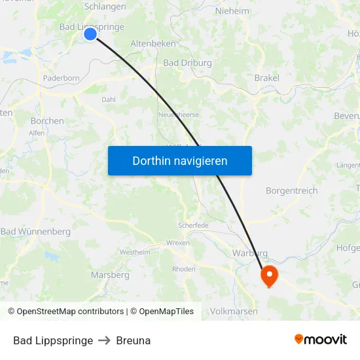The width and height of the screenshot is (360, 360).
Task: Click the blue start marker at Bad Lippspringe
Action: pyautogui.click(x=90, y=34)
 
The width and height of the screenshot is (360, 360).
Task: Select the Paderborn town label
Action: pyautogui.click(x=61, y=78)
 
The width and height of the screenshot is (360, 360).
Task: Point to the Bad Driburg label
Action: pyautogui.click(x=187, y=63)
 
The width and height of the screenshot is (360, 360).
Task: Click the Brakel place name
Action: pyautogui.click(x=266, y=78)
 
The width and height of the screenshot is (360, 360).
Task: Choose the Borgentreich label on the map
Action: pyautogui.click(x=291, y=190)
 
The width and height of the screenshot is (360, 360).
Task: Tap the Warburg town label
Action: pyautogui.click(x=250, y=253)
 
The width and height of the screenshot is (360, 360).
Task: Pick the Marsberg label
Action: pyautogui.click(x=110, y=275)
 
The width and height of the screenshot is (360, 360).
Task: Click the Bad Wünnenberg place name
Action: pyautogui.click(x=35, y=232)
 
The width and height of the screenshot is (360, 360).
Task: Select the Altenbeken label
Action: pyautogui.click(x=153, y=43)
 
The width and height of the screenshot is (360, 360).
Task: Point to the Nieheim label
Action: pyautogui.click(x=232, y=10)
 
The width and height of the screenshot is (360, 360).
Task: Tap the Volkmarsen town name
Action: pyautogui.click(x=235, y=311)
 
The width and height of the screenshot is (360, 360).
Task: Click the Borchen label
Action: pyautogui.click(x=47, y=120)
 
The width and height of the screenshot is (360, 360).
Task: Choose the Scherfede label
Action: pyautogui.click(x=193, y=225)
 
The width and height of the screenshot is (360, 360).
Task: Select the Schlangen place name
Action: pyautogui.click(x=105, y=7)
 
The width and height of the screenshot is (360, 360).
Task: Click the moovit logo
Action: pyautogui.click(x=320, y=339)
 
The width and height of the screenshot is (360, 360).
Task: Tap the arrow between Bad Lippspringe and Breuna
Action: pyautogui.click(x=105, y=340)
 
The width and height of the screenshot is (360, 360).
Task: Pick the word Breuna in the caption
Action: pyautogui.click(x=133, y=340)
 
